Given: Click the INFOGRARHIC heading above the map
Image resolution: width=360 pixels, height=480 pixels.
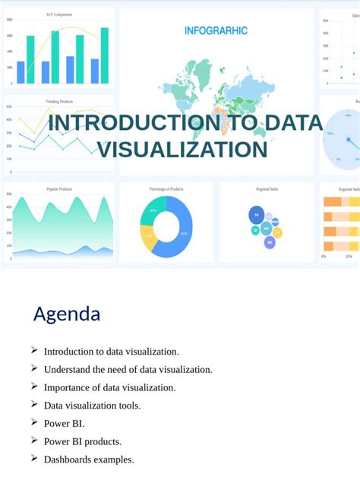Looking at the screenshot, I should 216,31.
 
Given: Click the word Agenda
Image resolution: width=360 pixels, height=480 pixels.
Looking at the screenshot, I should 67,314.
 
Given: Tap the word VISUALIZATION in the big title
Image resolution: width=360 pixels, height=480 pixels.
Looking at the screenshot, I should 183,149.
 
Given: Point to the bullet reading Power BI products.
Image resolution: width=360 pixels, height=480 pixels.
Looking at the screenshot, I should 83,441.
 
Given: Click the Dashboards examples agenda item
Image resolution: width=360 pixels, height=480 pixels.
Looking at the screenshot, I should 89,459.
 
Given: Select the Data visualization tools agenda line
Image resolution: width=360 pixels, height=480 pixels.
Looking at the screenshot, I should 92,405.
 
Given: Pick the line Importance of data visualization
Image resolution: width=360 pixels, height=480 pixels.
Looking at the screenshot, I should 109,387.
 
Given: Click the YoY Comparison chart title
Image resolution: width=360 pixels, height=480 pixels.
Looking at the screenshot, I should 60,14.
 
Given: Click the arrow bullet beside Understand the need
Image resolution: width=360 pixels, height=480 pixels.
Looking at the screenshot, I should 35,368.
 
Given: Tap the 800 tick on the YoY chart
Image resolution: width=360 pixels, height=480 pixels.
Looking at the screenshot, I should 9,35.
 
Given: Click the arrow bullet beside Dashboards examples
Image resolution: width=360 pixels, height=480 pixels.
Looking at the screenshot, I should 35,458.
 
